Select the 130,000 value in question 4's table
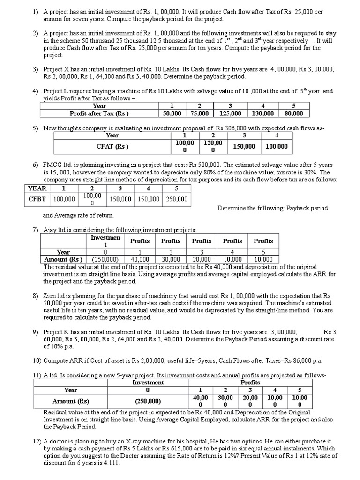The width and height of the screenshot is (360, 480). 262,113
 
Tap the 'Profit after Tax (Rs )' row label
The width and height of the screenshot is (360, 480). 99,113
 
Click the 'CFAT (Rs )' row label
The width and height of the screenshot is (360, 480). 112,146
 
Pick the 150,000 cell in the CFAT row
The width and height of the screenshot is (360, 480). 244,146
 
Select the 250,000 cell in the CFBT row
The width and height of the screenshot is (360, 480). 176,199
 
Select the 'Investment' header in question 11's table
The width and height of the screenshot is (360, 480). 148,382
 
